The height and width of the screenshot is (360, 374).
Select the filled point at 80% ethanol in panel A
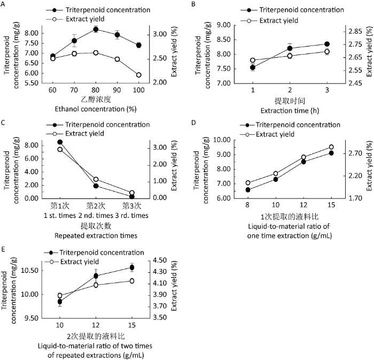(x=96, y=29)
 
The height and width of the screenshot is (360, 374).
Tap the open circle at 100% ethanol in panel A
(x=138, y=75)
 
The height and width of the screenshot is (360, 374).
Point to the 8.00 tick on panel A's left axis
(x=32, y=33)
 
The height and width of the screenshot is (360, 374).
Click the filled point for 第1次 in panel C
(x=60, y=142)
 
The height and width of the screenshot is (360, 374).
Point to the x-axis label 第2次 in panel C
(x=96, y=205)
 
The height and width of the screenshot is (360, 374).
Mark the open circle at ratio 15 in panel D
(x=331, y=147)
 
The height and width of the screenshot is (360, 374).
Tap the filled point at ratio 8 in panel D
(x=248, y=190)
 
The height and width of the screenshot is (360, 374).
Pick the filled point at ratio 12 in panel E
(x=96, y=276)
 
